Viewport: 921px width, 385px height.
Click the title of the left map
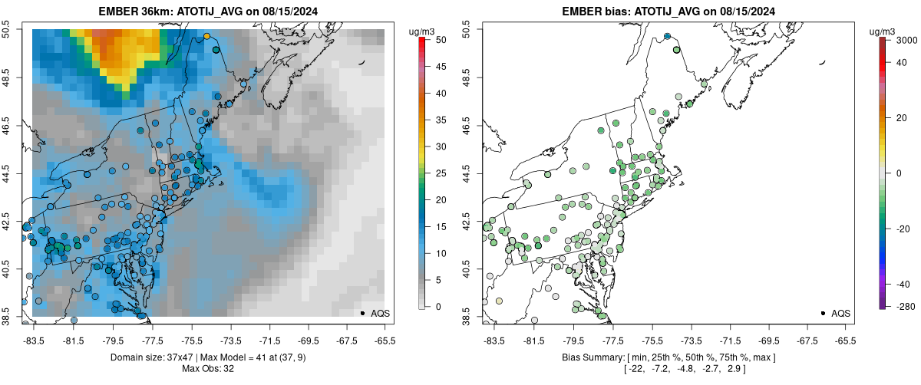pyautogui.click(x=208, y=12)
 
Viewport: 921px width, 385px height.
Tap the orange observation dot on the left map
pyautogui.click(x=206, y=36)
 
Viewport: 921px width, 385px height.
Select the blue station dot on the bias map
pyautogui.click(x=667, y=36)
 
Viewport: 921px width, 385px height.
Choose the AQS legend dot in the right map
pyautogui.click(x=823, y=313)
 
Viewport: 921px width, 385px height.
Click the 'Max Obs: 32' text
pyautogui.click(x=208, y=369)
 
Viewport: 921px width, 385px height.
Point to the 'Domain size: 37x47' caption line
pyautogui.click(x=208, y=358)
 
